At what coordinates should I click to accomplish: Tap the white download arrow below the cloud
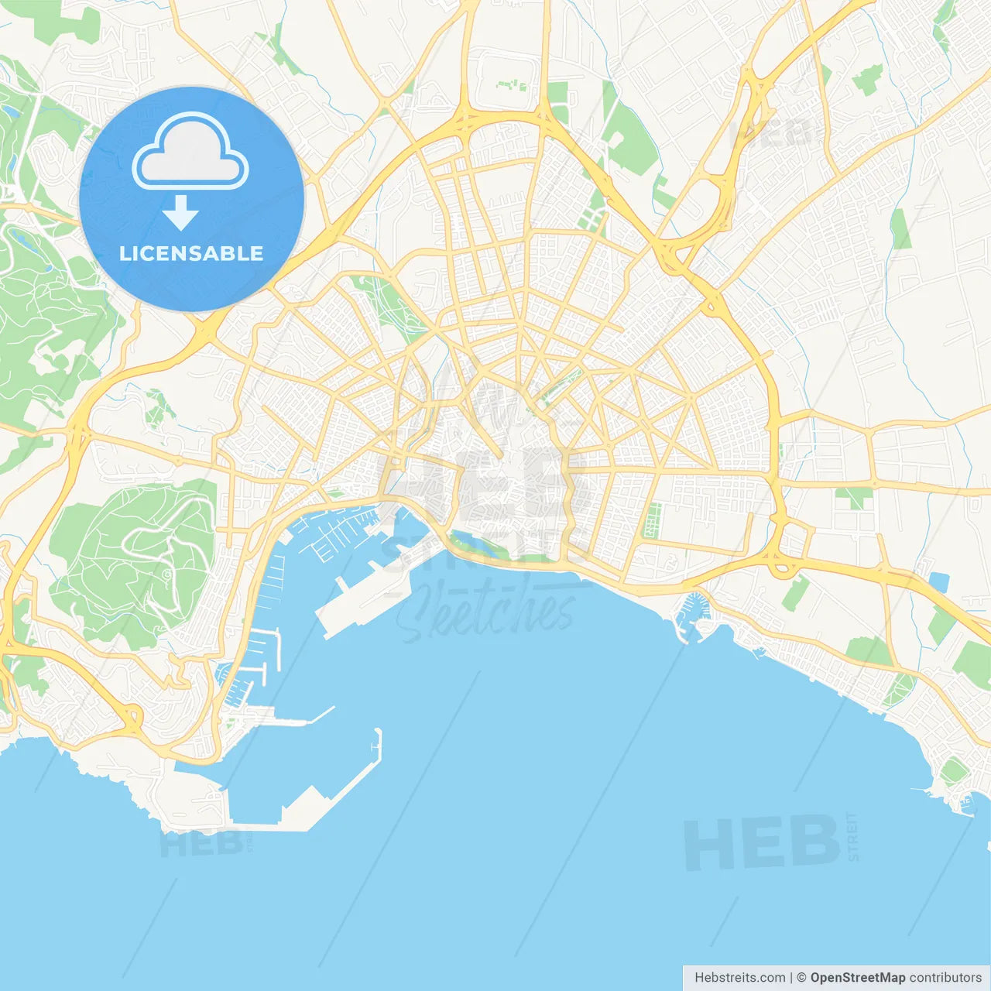click(x=180, y=212)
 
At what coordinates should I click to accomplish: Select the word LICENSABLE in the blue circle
click(x=191, y=253)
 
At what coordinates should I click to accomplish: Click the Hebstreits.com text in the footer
click(x=739, y=978)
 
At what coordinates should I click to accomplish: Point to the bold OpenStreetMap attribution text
click(x=857, y=978)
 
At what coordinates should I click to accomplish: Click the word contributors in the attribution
click(x=945, y=978)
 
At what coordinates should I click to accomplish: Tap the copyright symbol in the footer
click(x=801, y=978)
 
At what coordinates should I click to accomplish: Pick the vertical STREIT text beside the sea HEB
click(x=853, y=837)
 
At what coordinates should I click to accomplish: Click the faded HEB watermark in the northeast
click(x=774, y=133)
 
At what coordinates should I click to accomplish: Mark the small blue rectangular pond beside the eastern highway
click(x=938, y=581)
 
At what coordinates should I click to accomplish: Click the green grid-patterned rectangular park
click(x=653, y=520)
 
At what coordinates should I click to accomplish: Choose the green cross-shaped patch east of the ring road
click(x=854, y=496)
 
